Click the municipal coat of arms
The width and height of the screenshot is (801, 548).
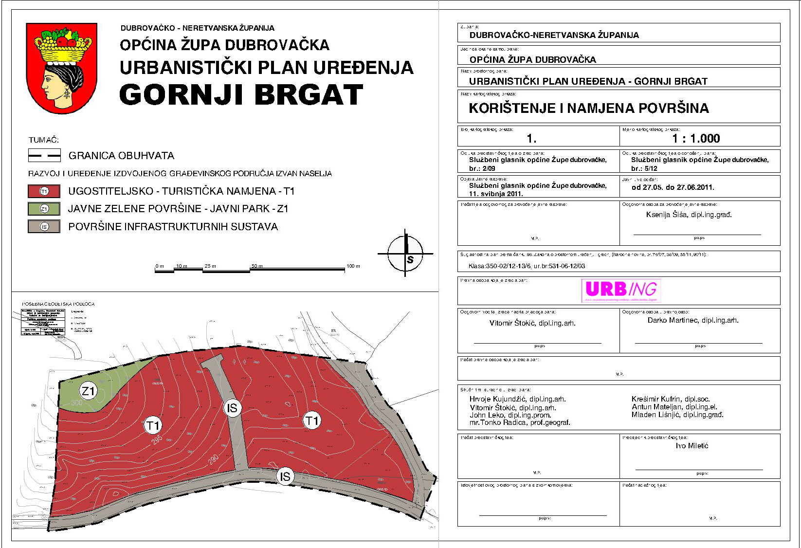click(62, 68)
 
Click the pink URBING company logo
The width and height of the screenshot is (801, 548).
click(621, 290)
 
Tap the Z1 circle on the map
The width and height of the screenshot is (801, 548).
click(89, 390)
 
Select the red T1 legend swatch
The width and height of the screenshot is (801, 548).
click(44, 191)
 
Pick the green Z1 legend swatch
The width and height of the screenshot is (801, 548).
click(44, 209)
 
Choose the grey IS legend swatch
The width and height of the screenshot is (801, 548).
click(44, 227)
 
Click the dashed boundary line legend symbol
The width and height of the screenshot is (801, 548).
click(44, 156)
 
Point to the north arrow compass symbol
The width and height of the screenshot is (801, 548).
click(405, 253)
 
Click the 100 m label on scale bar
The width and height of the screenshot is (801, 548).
click(353, 266)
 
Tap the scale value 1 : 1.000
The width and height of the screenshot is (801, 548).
click(696, 139)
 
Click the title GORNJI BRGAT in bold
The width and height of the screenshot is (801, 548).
click(241, 95)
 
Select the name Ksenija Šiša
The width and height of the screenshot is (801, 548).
click(667, 215)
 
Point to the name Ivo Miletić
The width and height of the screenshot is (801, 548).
click(691, 446)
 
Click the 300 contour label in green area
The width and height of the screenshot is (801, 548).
click(76, 403)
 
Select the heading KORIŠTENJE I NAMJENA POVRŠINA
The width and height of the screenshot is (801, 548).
click(588, 108)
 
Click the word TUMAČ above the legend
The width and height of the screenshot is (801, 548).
click(44, 140)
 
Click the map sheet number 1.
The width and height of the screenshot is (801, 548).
click(531, 139)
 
